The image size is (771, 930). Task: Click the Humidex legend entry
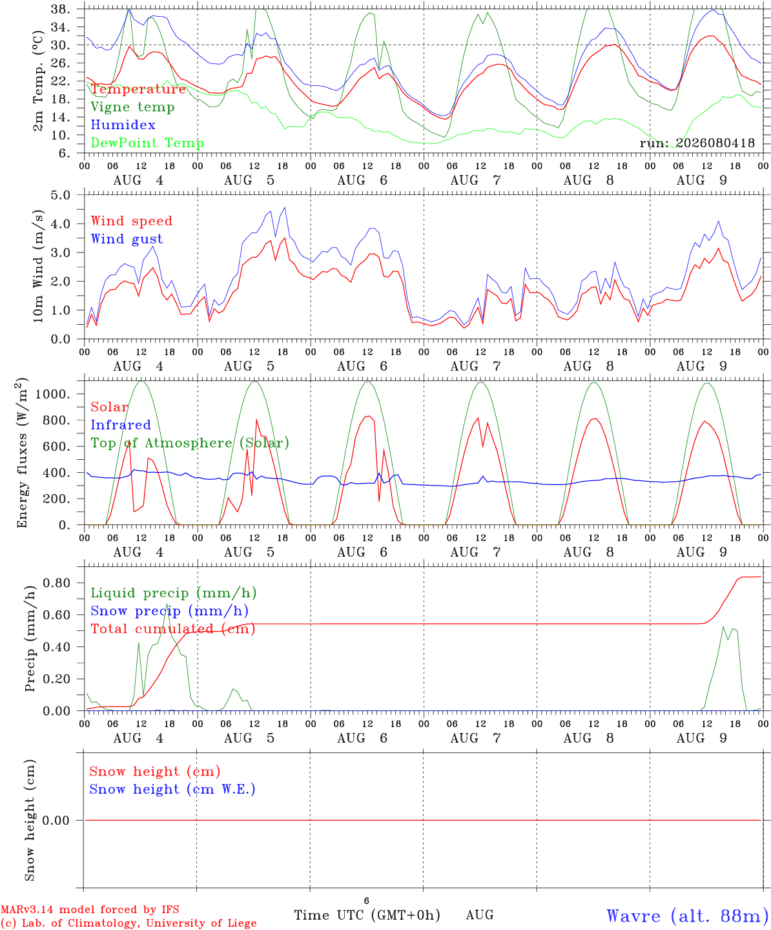pos(123,125)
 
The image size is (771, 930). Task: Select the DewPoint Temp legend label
pos(147,143)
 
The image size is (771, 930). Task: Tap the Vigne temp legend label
pos(133,107)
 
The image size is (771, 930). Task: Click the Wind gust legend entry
pos(127,239)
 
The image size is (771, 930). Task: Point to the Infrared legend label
pos(121,425)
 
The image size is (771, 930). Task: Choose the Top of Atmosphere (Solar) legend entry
pos(190,443)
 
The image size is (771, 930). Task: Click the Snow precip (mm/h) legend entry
pos(169,611)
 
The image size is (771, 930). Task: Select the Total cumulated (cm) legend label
pos(173,629)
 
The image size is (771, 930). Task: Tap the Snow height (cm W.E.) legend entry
pos(172,789)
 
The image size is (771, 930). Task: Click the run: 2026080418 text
pos(697,143)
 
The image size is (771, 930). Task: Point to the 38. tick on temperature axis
pos(60,9)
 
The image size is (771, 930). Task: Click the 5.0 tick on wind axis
pos(60,195)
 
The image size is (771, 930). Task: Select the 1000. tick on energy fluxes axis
pos(53,394)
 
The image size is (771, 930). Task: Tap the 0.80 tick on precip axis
pos(57,583)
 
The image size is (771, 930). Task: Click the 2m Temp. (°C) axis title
pos(38,81)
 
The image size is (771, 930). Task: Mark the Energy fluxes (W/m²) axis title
pos(22,453)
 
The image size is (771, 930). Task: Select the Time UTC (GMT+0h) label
pos(367,915)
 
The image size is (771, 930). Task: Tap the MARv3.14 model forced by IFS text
pos(90,909)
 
